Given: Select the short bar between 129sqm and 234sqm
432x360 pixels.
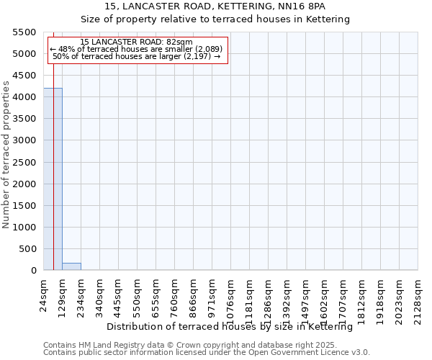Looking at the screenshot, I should (x=71, y=266).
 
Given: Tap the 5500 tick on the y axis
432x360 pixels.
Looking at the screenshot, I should (x=25, y=32).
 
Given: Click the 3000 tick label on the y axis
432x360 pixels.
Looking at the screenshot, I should (x=25, y=140).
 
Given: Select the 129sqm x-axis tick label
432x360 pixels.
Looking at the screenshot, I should (x=63, y=294).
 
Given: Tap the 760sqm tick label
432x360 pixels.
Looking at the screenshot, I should (x=175, y=294).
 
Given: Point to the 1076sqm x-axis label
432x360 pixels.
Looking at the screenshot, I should (x=231, y=297).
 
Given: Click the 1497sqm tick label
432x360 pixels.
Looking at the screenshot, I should (x=306, y=297).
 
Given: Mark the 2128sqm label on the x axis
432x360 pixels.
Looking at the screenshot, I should (x=418, y=297).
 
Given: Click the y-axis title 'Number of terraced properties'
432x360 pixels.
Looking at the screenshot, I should (x=6, y=154).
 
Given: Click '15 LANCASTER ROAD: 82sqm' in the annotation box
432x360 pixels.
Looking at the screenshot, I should (x=136, y=42).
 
